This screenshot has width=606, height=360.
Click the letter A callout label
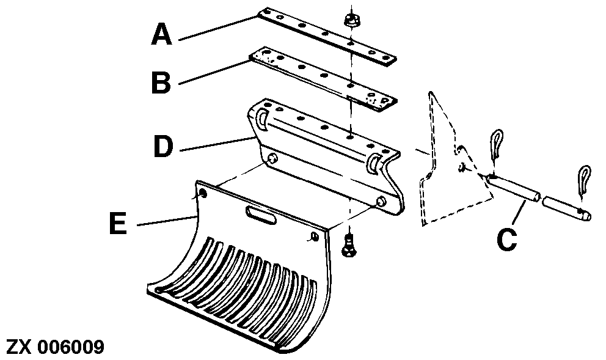coord(161,34)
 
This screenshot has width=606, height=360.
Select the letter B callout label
coord(161,83)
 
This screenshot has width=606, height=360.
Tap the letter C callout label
coord(506,240)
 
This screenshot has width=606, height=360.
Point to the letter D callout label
coord(162,146)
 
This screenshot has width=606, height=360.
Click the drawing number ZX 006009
coord(55,347)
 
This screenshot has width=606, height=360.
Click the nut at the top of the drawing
coord(350,21)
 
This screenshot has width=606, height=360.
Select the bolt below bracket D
coord(349,246)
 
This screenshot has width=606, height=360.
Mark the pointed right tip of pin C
coord(590,216)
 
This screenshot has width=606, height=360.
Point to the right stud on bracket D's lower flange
coord(381,202)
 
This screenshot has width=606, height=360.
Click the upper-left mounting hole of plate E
coord(203,193)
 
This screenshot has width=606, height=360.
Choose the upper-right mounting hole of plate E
coord(315,237)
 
